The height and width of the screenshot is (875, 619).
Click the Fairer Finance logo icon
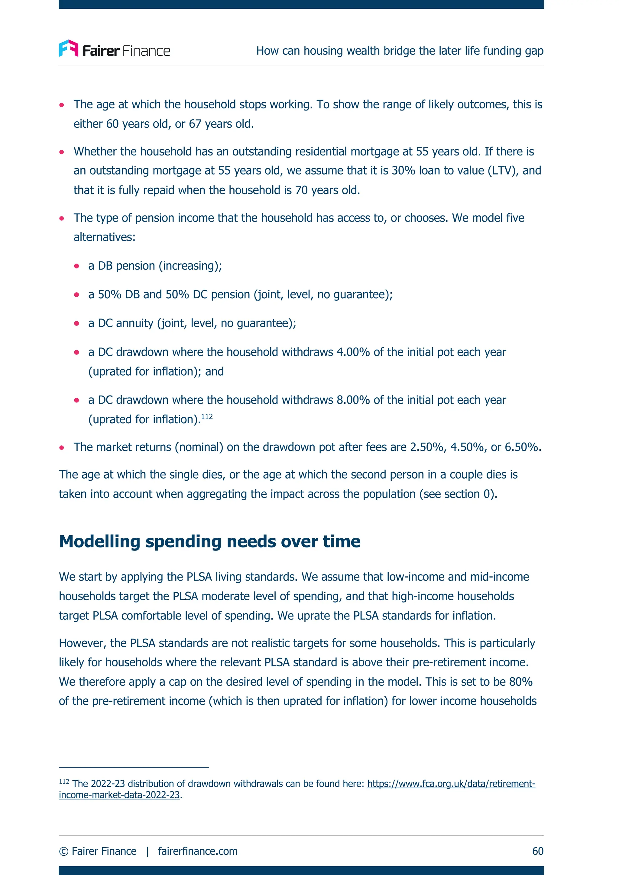[x=69, y=48]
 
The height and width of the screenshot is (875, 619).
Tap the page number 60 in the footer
[x=537, y=851]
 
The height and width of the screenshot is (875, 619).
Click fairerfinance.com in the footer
[x=198, y=851]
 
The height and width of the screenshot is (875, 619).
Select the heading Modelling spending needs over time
[x=209, y=542]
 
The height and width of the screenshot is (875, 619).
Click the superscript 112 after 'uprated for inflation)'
[x=207, y=417]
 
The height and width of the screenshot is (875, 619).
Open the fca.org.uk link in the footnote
[x=451, y=784]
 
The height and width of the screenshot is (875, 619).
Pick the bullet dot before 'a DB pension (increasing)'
[x=77, y=266]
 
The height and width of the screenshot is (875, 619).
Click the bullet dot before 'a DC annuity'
[x=77, y=324]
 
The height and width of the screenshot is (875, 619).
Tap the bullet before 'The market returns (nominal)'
[x=62, y=447]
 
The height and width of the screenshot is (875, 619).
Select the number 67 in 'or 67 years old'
[x=195, y=124]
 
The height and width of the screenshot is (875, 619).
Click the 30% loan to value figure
[x=403, y=170]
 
